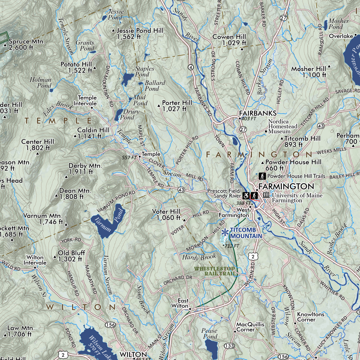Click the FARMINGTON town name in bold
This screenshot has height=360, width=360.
pos(286,186)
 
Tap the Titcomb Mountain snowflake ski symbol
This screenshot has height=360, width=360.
pos(225,232)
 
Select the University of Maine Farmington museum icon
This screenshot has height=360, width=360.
pos(266,195)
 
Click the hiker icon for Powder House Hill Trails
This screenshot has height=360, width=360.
pos(262,176)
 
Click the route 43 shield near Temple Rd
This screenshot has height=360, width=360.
pos(181,189)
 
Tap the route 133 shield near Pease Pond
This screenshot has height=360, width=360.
pos(230,346)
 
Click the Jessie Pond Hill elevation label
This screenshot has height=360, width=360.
pos(140,34)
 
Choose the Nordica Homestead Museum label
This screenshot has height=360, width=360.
pos(283,126)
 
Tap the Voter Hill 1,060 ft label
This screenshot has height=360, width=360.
pos(166,214)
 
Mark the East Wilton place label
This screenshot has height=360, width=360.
pos(183,303)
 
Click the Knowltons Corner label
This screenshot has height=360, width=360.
pos(310,317)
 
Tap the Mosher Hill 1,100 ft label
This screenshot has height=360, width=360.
pos(308,72)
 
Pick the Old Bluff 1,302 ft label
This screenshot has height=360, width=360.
pos(71,256)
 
